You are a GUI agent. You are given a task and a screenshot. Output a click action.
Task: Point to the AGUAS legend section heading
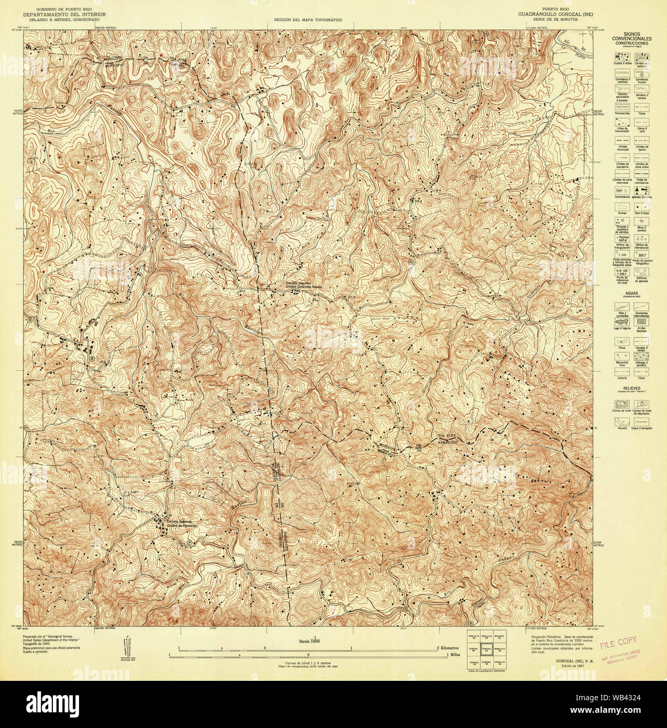click(633, 294)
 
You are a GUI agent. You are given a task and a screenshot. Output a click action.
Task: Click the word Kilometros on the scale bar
click(454, 648)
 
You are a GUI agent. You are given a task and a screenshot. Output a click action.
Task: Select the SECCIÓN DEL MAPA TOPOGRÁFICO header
click(304, 19)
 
